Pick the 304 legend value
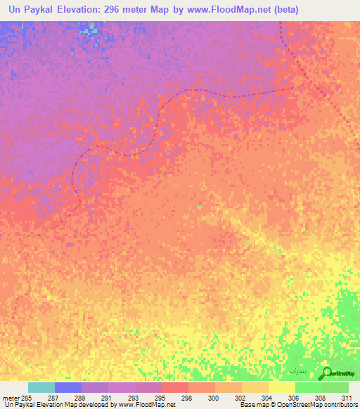pos(257,398)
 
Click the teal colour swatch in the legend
pos(41,387)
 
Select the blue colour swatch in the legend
pos(68,387)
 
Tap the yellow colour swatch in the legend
pos(282,387)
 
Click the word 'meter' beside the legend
pos(11,398)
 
